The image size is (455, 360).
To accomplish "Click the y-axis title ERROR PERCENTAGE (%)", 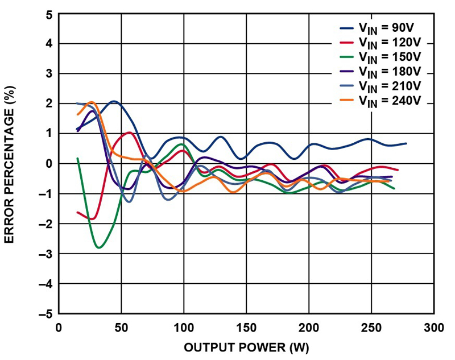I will click(x=10, y=164).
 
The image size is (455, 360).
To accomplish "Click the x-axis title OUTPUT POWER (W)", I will click(x=246, y=346).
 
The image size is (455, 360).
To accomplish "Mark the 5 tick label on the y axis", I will click(x=49, y=14).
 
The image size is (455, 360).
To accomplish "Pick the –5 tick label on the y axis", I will click(x=47, y=313).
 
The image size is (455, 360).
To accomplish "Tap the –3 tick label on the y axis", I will click(x=47, y=253).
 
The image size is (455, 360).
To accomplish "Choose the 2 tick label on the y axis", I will click(x=49, y=104).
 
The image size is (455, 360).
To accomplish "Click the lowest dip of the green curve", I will click(x=99, y=247).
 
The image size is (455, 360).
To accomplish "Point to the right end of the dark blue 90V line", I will click(x=406, y=143).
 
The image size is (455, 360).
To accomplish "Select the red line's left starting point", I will click(x=77, y=212).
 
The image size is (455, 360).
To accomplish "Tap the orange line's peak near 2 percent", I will click(x=91, y=102).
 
